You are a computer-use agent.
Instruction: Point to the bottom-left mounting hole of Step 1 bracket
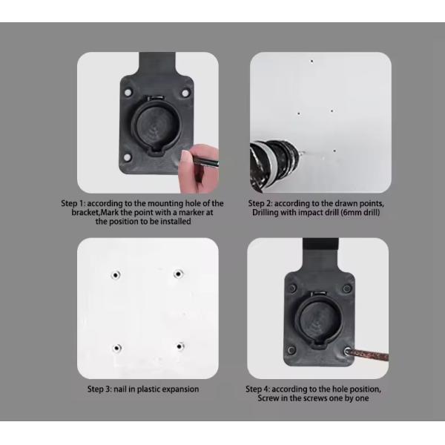[128, 157]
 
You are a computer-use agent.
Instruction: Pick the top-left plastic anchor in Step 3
[115, 274]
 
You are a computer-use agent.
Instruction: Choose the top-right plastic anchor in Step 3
[178, 274]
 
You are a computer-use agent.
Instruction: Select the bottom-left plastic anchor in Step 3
[116, 346]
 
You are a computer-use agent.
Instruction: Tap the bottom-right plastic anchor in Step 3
[179, 346]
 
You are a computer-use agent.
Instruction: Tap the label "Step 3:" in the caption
[102, 389]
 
